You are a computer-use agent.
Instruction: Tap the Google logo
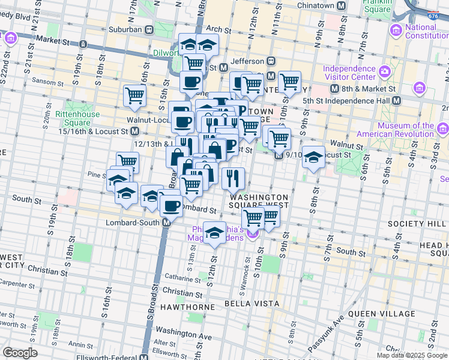[x=20, y=353]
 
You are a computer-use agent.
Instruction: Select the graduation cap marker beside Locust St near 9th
[x=313, y=157]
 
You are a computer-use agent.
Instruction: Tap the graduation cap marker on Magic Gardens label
[x=214, y=233]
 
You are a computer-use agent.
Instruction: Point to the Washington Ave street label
[x=184, y=331]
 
